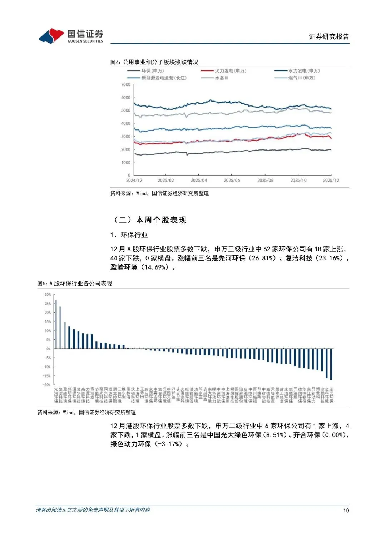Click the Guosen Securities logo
click(71, 36)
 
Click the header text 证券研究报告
click(328, 36)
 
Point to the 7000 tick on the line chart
click(126, 85)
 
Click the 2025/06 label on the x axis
click(232, 181)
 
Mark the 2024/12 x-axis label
click(134, 181)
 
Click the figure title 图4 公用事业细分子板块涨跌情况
click(154, 62)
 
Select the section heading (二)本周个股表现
click(150, 220)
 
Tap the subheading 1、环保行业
click(129, 235)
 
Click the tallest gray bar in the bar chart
click(56, 324)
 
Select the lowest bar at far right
click(331, 364)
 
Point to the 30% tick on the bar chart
click(48, 295)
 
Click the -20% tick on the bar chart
click(47, 385)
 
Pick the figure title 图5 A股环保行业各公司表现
click(75, 284)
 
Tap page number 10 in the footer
click(346, 511)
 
